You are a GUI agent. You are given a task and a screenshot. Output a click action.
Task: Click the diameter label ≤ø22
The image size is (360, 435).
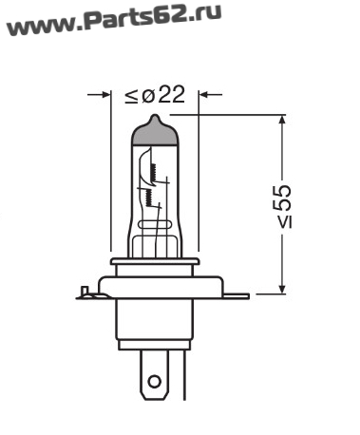(155, 94)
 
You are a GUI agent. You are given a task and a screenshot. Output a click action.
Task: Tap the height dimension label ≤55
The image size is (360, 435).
(284, 206)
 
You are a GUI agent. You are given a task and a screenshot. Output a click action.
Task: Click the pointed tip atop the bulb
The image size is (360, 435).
(155, 116)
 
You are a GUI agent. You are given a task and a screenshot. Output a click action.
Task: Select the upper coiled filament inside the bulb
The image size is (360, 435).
(155, 173)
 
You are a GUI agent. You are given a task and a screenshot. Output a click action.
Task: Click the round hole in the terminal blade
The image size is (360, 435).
(155, 382)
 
